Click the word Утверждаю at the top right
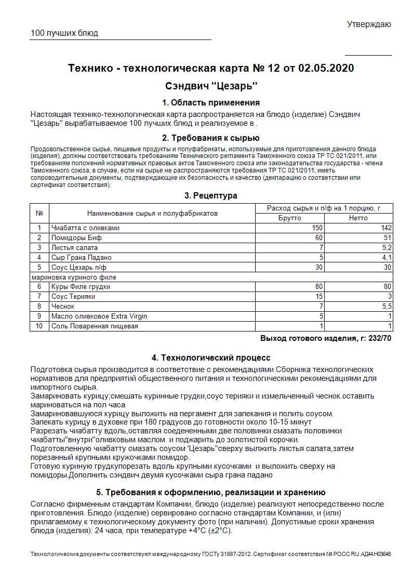(369, 24)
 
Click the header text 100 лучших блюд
(64, 33)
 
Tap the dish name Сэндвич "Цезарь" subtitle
(211, 85)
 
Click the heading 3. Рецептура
(211, 195)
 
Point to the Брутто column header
(290, 218)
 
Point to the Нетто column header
(358, 218)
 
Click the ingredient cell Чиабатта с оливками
(86, 228)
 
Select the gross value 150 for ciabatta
(317, 228)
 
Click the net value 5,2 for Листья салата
(387, 247)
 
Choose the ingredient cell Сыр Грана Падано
(82, 257)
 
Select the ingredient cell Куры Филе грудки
(81, 287)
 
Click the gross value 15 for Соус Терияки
(319, 297)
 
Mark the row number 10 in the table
(39, 326)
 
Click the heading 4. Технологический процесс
(211, 357)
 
